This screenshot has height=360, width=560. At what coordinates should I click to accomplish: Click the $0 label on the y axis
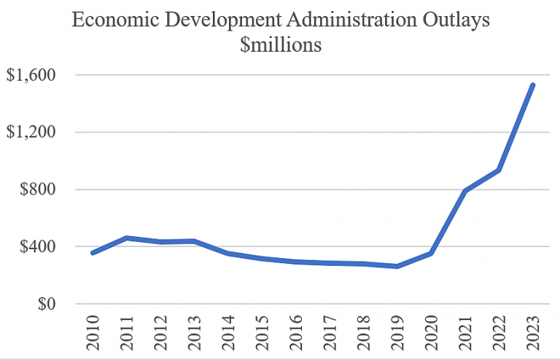(x=47, y=305)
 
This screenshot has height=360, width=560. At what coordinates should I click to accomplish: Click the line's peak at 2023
(x=533, y=85)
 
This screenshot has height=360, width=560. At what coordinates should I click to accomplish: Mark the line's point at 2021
(x=464, y=191)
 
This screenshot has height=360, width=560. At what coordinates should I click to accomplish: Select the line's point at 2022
(x=499, y=170)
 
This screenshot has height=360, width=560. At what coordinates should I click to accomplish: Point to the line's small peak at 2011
(x=126, y=238)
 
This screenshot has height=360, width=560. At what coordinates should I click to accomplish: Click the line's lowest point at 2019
(x=397, y=266)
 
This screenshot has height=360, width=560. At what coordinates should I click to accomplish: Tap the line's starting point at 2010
(x=93, y=253)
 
